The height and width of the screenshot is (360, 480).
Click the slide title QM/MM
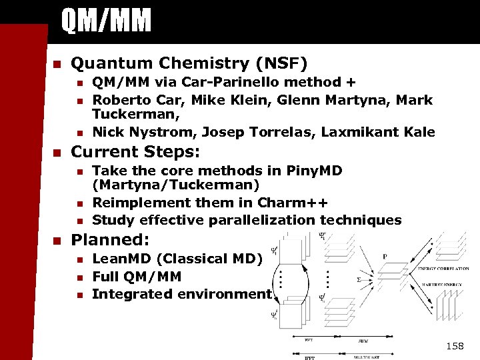106,21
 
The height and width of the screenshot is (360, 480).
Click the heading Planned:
111,239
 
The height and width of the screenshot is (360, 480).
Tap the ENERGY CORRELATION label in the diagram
443,269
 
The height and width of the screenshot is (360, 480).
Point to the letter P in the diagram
385,257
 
